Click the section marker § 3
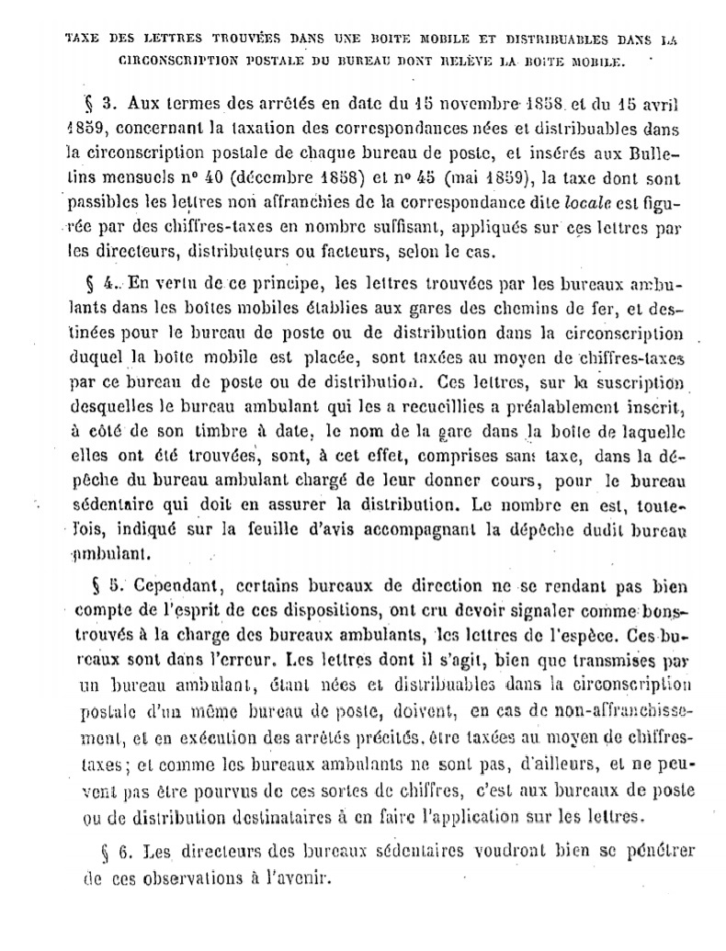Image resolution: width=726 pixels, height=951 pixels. click(100, 102)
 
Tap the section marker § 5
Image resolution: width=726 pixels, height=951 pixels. click(106, 585)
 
